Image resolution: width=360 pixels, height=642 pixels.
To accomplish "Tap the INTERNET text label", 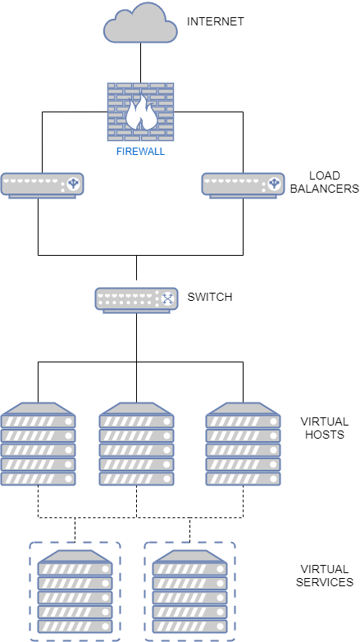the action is [x=216, y=21].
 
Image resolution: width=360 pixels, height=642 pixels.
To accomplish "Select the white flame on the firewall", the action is [x=140, y=112].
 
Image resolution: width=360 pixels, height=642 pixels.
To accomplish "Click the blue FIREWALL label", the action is [x=140, y=152].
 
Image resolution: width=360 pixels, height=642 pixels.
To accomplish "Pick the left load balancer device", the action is [x=42, y=186].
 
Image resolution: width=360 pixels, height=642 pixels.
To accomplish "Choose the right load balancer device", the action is [x=243, y=186].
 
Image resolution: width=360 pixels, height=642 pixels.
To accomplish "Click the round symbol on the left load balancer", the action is [x=73, y=184].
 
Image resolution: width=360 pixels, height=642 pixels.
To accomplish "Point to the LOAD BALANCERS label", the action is [x=325, y=182].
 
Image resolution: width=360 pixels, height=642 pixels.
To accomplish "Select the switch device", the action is [x=136, y=301].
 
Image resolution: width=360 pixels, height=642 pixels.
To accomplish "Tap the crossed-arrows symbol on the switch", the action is [x=167, y=298].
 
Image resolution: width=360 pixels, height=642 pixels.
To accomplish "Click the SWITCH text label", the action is [x=210, y=297].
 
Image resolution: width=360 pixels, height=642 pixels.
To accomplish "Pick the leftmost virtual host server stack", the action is [x=38, y=444].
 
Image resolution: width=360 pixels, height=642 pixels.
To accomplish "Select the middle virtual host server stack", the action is [x=136, y=444].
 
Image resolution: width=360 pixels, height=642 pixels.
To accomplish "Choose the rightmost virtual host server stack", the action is [x=243, y=444].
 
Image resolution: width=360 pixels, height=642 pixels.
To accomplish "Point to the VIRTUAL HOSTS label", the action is [x=325, y=428].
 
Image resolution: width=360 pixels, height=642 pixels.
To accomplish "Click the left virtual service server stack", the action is [x=75, y=591].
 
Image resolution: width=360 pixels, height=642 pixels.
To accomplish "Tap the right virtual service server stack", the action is [x=189, y=591].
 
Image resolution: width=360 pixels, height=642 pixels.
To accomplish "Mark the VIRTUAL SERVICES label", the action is [x=325, y=576].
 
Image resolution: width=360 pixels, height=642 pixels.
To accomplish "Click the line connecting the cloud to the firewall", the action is [x=140, y=62].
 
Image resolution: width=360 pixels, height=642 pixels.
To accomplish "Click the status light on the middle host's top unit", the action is [x=166, y=421].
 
